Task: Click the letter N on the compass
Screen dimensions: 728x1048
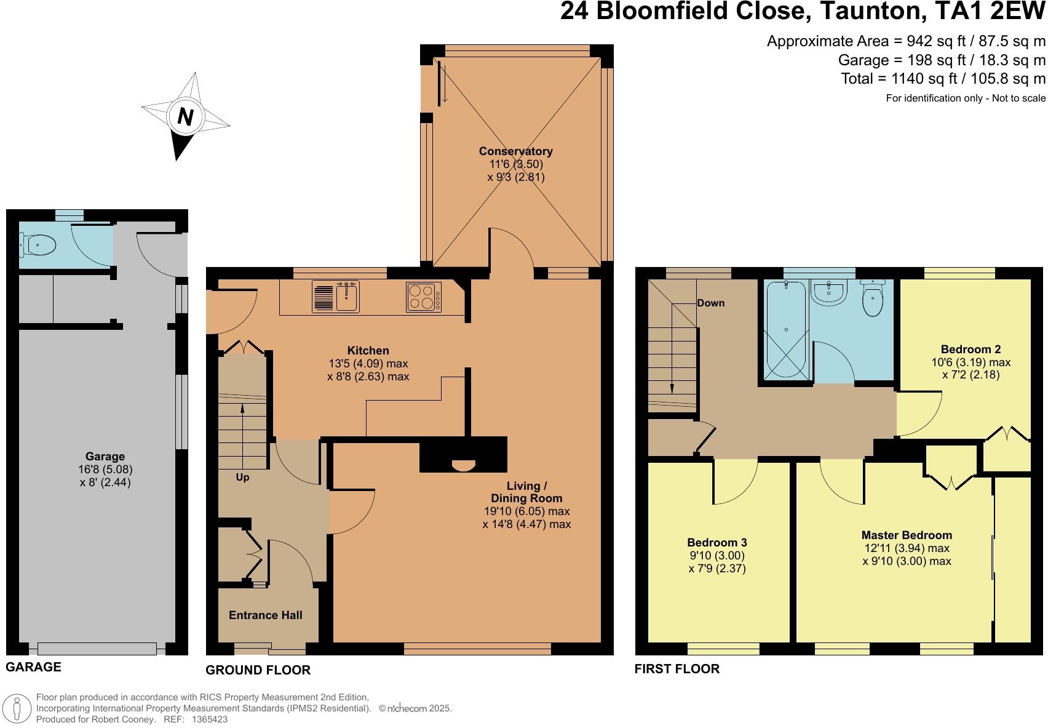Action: [185, 116]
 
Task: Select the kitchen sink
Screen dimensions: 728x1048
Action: [347, 297]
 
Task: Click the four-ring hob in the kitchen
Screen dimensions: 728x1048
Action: [423, 297]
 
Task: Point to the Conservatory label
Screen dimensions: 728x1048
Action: [515, 151]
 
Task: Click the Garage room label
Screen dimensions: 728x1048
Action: [105, 456]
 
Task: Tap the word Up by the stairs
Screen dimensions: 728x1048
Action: [242, 478]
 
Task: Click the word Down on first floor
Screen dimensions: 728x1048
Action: [710, 303]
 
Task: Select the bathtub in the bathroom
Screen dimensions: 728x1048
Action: [786, 329]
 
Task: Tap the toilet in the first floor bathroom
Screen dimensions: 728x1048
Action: [872, 298]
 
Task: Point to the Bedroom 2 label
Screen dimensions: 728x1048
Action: [971, 349]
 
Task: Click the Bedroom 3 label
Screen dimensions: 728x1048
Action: [717, 542]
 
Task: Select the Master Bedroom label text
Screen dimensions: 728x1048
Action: [907, 535]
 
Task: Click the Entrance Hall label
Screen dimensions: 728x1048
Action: [265, 615]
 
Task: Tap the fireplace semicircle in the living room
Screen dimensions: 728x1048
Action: [462, 465]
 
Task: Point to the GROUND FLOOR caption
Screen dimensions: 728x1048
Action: [258, 670]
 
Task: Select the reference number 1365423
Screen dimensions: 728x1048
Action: [210, 719]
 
